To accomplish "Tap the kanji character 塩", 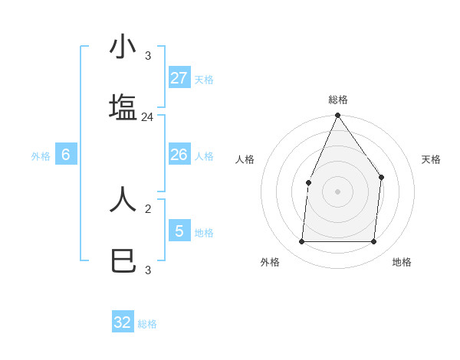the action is [x=123, y=107].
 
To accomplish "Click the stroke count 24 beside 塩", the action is [x=147, y=117].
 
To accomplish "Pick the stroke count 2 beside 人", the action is [x=147, y=208].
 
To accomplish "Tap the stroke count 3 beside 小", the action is [x=147, y=56].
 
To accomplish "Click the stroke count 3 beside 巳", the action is [x=147, y=270].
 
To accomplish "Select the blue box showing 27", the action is [x=179, y=78].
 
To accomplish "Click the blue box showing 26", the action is [x=179, y=155].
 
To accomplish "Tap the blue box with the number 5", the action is [x=179, y=231].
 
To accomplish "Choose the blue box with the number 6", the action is [x=66, y=155].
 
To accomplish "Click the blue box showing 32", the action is [x=123, y=322].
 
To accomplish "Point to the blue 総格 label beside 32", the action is [x=147, y=324].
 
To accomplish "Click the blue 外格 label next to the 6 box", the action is [x=41, y=156].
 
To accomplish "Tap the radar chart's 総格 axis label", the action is [x=337, y=100].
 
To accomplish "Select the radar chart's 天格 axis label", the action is [x=431, y=159].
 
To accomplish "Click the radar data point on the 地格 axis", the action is [x=373, y=241].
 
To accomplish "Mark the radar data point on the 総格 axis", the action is [x=337, y=116].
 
